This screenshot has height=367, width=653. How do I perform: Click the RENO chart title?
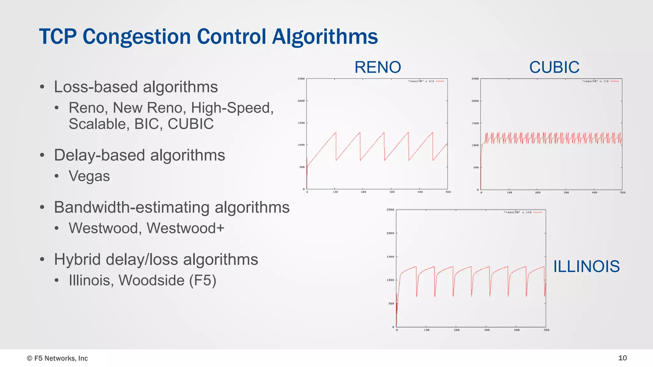[378, 67]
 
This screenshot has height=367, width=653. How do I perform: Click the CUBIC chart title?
[554, 67]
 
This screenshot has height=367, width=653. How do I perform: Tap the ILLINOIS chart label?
[586, 266]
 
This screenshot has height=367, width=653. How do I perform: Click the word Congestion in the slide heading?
[136, 37]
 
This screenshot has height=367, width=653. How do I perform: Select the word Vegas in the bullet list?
[89, 176]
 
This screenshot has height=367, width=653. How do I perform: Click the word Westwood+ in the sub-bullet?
[186, 228]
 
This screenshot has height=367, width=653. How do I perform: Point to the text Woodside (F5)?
[167, 280]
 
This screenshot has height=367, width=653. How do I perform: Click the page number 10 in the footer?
[622, 358]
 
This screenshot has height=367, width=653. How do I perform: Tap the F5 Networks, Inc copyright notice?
[57, 358]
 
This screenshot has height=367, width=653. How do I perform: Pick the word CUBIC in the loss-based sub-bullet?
[191, 124]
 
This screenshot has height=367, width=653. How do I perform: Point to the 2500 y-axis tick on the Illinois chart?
[390, 210]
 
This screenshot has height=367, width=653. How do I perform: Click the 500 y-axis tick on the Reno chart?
[302, 167]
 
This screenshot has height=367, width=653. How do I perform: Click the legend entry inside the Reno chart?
[426, 81]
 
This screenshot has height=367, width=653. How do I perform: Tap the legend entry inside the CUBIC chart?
[600, 81]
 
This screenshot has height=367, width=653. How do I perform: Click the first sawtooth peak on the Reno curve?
[336, 133]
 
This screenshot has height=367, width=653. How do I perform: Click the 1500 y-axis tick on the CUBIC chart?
[475, 123]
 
